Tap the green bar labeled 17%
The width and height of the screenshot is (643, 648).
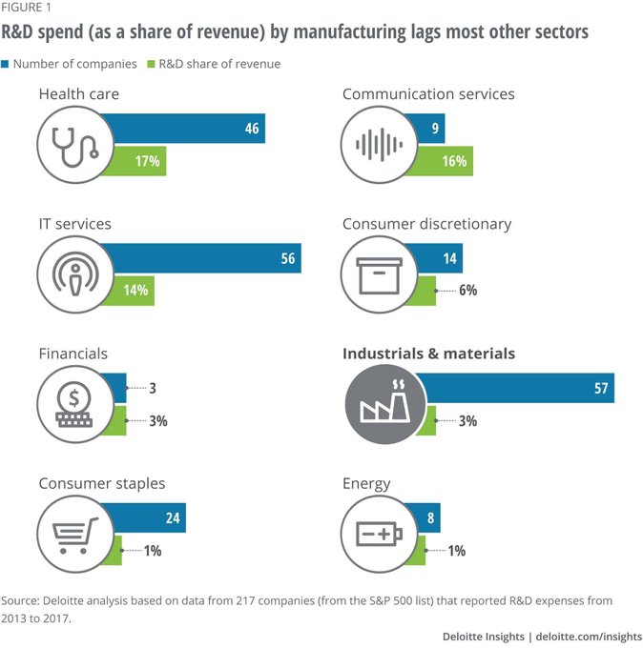click(x=134, y=161)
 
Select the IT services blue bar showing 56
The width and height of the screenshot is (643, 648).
click(x=200, y=258)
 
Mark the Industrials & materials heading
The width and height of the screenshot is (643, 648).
click(x=428, y=354)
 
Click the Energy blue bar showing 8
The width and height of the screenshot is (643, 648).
click(x=425, y=518)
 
